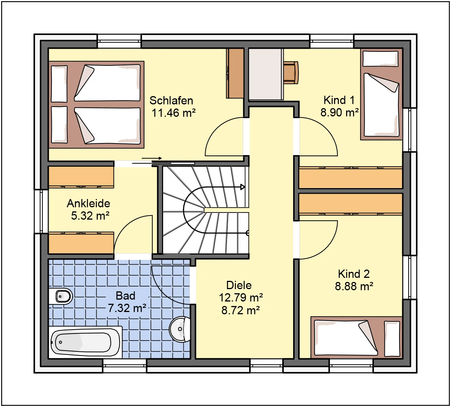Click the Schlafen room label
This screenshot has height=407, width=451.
pos(171,101)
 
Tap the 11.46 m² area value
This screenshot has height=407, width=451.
pos(174,113)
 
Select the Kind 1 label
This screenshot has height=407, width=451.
pos(339,100)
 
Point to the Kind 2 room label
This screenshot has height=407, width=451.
pos(354,274)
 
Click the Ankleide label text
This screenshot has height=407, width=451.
pos(89,203)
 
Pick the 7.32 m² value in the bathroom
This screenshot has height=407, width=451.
pos(127,308)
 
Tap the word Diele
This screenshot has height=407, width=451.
pos(239,285)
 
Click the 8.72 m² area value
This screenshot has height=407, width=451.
pos(241,311)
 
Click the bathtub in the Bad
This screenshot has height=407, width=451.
pos(85,342)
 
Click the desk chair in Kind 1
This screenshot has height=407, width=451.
pos(291,72)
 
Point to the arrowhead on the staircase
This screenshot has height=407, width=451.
pos(242,187)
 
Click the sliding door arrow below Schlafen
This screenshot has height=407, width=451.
pos(152,158)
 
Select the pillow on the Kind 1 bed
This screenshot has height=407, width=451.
pos(380,59)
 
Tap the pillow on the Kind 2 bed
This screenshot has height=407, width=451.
pos(392,339)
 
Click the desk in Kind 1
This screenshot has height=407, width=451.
pos(266,74)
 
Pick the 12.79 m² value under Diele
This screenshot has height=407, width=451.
pos(241,298)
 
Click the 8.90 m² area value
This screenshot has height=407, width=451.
pos(340,112)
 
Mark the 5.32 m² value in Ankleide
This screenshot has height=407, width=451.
pos(90,216)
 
